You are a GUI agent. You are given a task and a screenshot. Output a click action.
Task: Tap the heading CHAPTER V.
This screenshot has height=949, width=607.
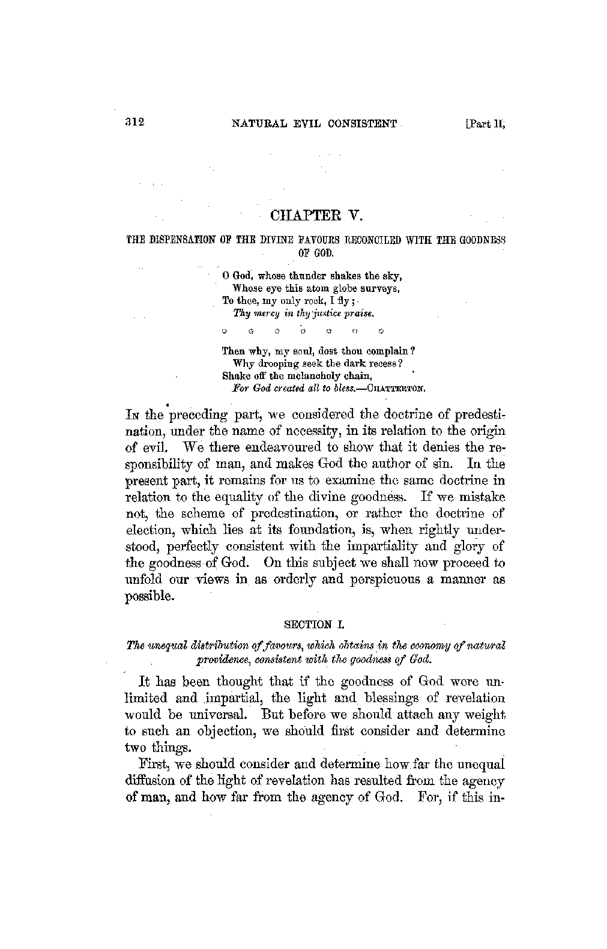point(314,215)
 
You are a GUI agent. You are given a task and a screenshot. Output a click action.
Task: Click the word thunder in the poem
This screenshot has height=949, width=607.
point(307,276)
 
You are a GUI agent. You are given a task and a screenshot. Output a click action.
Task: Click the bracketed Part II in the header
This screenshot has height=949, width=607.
point(486,124)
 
